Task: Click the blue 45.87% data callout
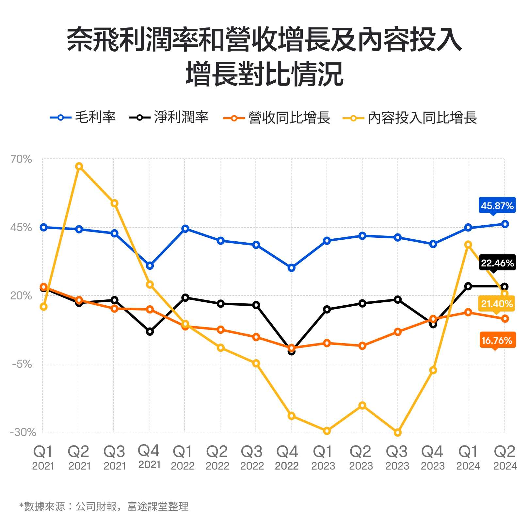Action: coord(497,206)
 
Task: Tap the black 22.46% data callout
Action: coord(497,263)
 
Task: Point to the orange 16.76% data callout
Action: coord(497,341)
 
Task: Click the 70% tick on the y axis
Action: coord(21,159)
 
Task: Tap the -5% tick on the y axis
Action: coord(22,364)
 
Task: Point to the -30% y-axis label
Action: coord(23,432)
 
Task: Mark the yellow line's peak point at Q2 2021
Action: coord(79,166)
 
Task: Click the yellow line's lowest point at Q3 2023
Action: coord(397,433)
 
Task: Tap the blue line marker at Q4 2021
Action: coord(150,266)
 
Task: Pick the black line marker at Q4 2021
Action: coord(150,332)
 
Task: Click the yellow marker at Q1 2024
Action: coord(468,245)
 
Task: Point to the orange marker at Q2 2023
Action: coord(362,346)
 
